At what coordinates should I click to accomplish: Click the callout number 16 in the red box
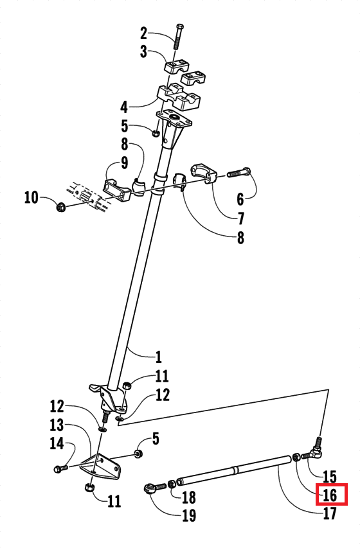(x=330, y=495)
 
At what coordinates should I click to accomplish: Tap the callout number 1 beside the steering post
(x=159, y=357)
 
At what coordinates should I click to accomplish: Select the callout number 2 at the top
(x=144, y=33)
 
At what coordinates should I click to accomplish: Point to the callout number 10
(x=31, y=197)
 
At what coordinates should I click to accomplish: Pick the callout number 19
(x=189, y=515)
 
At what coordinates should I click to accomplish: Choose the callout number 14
(x=57, y=443)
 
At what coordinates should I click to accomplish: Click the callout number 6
(x=240, y=199)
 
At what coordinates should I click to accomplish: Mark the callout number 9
(x=124, y=163)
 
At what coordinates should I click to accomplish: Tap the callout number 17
(x=330, y=513)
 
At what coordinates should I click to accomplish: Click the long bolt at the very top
(x=179, y=37)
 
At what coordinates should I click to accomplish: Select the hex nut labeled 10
(x=60, y=208)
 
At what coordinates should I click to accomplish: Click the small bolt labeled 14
(x=60, y=468)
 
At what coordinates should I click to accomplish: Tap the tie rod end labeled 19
(x=155, y=488)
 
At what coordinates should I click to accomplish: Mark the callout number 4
(x=124, y=107)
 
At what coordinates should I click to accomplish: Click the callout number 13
(x=57, y=425)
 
